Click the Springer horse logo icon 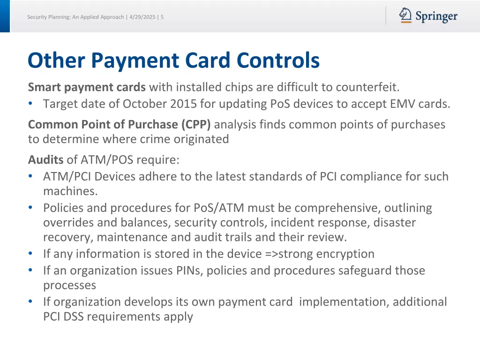[x=405, y=15]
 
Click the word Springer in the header [x=436, y=17]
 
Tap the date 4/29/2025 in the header [x=142, y=17]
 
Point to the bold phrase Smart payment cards [x=87, y=87]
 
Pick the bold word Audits [x=45, y=160]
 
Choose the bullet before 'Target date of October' [x=30, y=104]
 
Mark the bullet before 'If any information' [x=30, y=254]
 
